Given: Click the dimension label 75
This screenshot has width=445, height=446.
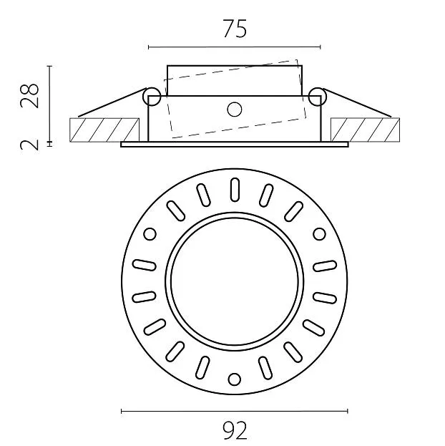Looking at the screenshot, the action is click(235, 29).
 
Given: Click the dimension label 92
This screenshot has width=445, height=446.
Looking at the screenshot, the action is click(235, 431).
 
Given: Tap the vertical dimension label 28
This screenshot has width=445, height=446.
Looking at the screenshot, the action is click(29, 95).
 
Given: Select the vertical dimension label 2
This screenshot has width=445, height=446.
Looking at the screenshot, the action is click(29, 144).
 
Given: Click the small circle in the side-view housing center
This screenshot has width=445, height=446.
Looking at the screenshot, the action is click(235, 110).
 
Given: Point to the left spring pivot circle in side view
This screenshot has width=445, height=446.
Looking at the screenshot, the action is click(152, 97).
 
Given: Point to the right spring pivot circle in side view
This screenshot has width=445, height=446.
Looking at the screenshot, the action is click(318, 97).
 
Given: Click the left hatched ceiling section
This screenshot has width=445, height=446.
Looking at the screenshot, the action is click(104, 130).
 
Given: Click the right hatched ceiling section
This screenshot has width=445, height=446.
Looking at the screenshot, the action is click(365, 130).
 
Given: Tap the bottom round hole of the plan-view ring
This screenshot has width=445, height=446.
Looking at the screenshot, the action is click(234, 379).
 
